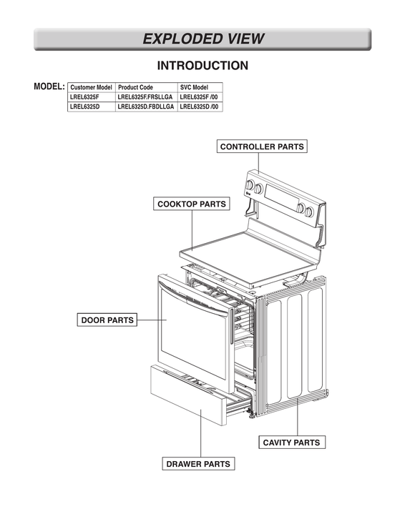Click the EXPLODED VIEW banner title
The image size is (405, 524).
202,39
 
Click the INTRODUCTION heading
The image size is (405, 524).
202,66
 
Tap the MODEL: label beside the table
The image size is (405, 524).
49,86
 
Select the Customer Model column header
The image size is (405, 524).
92,87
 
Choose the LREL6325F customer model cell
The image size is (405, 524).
85,97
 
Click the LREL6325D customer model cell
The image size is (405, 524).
85,107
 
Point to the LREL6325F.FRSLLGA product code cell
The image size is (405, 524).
145,97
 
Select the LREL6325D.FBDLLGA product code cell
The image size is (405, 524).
145,107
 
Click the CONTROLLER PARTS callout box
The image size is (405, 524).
262,147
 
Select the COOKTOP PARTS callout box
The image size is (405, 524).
192,204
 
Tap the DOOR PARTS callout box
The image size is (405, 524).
107,320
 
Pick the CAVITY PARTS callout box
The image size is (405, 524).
291,443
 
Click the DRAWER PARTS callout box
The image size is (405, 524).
198,464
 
